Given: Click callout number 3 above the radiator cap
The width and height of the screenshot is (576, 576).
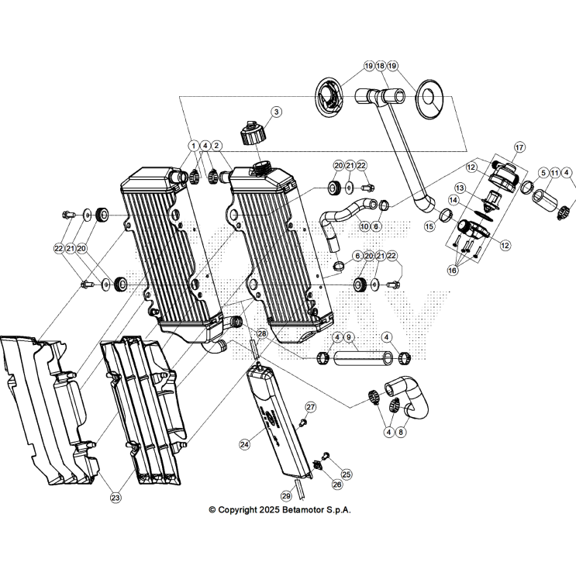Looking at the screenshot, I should [276, 112].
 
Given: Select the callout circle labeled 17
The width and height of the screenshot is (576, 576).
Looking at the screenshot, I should [519, 147].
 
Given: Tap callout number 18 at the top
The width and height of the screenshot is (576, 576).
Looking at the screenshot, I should [380, 66].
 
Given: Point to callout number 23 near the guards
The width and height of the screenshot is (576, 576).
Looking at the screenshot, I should [116, 497].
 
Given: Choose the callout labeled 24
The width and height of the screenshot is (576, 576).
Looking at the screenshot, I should [245, 444].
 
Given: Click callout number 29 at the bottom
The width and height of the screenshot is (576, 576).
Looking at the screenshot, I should [285, 495].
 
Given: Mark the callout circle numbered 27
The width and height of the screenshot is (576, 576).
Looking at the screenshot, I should [311, 407].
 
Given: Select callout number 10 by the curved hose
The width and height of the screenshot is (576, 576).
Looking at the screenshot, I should [364, 226].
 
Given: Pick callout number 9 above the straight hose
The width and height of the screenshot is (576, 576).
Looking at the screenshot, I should [349, 337].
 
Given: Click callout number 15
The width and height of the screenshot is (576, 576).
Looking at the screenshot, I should [429, 226].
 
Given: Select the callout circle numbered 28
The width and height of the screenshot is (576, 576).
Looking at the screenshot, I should [262, 333].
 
